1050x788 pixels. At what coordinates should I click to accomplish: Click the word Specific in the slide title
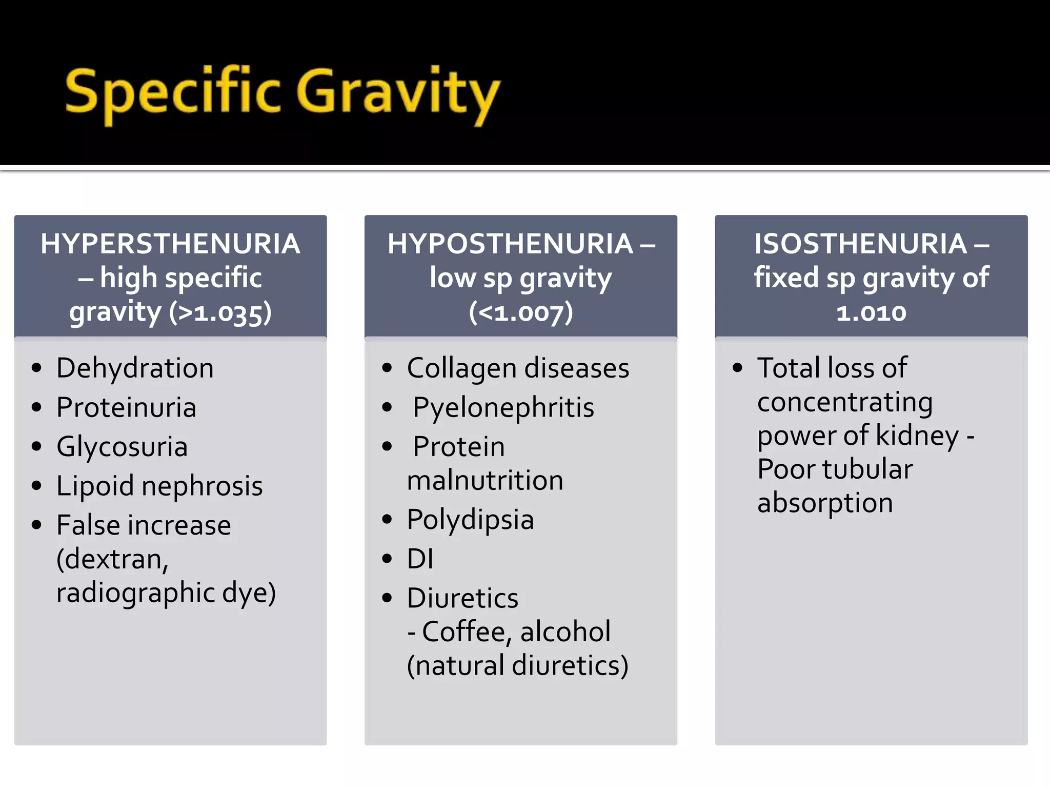point(173,92)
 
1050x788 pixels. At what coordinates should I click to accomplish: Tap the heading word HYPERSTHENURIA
point(170,244)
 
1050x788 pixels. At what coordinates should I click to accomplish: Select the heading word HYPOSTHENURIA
point(510,244)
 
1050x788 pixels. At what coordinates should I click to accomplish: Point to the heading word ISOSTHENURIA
point(860,244)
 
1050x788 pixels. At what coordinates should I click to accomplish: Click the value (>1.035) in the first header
point(220,312)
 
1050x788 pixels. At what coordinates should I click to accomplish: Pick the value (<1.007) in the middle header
point(521,312)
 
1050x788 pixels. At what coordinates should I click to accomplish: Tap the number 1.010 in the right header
point(871,312)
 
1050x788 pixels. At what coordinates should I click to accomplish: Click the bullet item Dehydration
point(135,368)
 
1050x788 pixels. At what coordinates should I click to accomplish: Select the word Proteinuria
point(126,407)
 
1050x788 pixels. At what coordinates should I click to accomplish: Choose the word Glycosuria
point(122,446)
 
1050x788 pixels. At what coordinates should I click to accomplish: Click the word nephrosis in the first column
point(202,486)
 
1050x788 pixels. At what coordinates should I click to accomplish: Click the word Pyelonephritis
point(503,407)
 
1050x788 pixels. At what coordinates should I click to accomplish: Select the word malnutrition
point(485,481)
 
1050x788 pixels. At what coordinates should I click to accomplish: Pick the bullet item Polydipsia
point(470,519)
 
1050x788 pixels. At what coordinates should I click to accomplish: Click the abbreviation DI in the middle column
point(420,559)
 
